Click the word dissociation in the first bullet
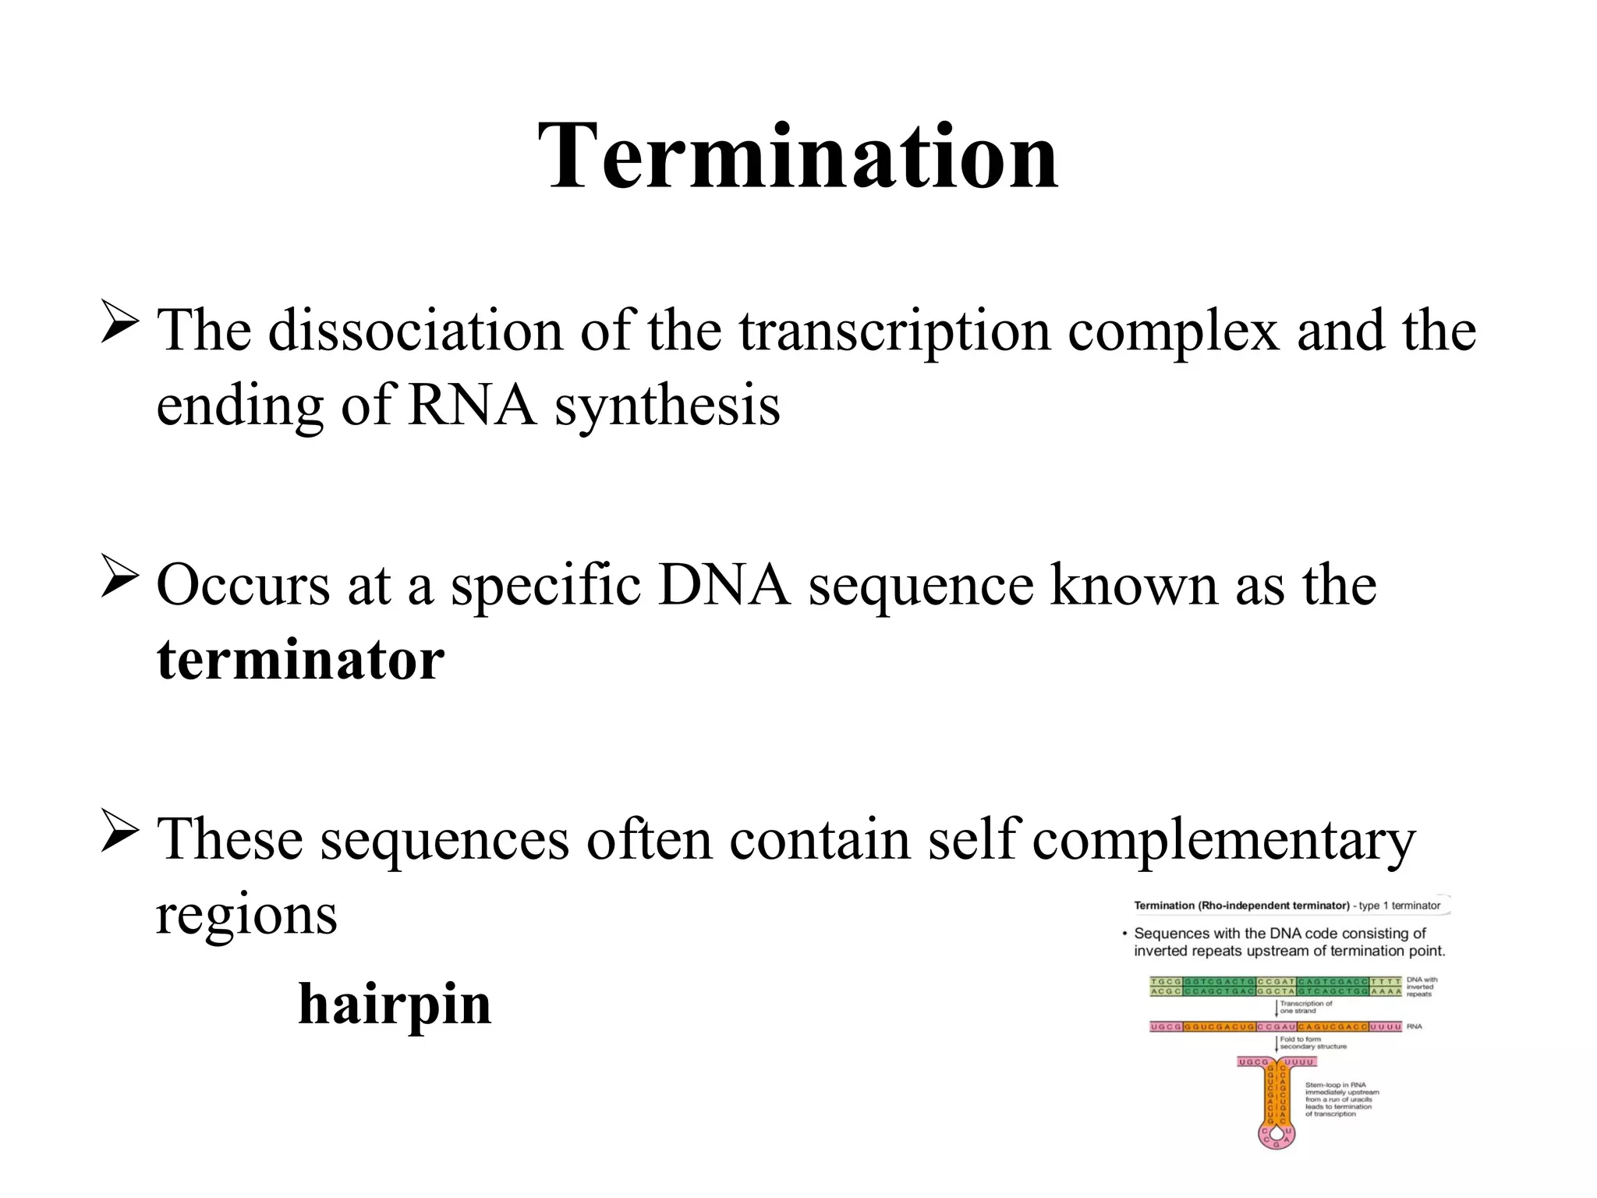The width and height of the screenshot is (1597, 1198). pyautogui.click(x=415, y=331)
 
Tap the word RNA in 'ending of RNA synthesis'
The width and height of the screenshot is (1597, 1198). pyautogui.click(x=472, y=406)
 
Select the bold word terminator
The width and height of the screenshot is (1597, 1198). pyautogui.click(x=300, y=660)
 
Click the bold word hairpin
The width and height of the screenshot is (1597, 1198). pyautogui.click(x=395, y=1004)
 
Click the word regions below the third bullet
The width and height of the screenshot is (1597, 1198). pyautogui.click(x=246, y=913)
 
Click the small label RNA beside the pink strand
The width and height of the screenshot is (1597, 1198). pyautogui.click(x=1415, y=1026)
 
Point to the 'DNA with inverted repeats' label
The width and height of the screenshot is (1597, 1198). pyautogui.click(x=1422, y=987)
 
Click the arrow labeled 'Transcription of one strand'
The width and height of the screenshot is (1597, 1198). pyautogui.click(x=1277, y=1007)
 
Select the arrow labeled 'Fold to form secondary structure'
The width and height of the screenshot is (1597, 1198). pyautogui.click(x=1277, y=1043)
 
